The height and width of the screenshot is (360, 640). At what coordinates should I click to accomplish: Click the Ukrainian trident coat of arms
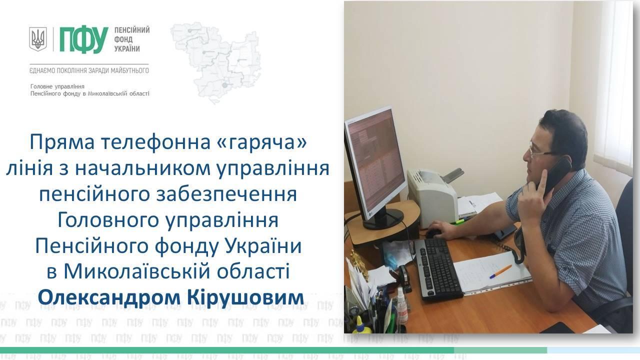coord(38,39)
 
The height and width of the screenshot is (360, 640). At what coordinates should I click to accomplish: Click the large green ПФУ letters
coord(84,39)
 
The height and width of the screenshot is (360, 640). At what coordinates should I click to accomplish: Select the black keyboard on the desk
coord(438,270)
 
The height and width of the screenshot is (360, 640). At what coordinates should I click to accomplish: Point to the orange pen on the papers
coord(500,271)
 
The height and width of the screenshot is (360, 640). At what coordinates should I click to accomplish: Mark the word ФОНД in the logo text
coord(123,39)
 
